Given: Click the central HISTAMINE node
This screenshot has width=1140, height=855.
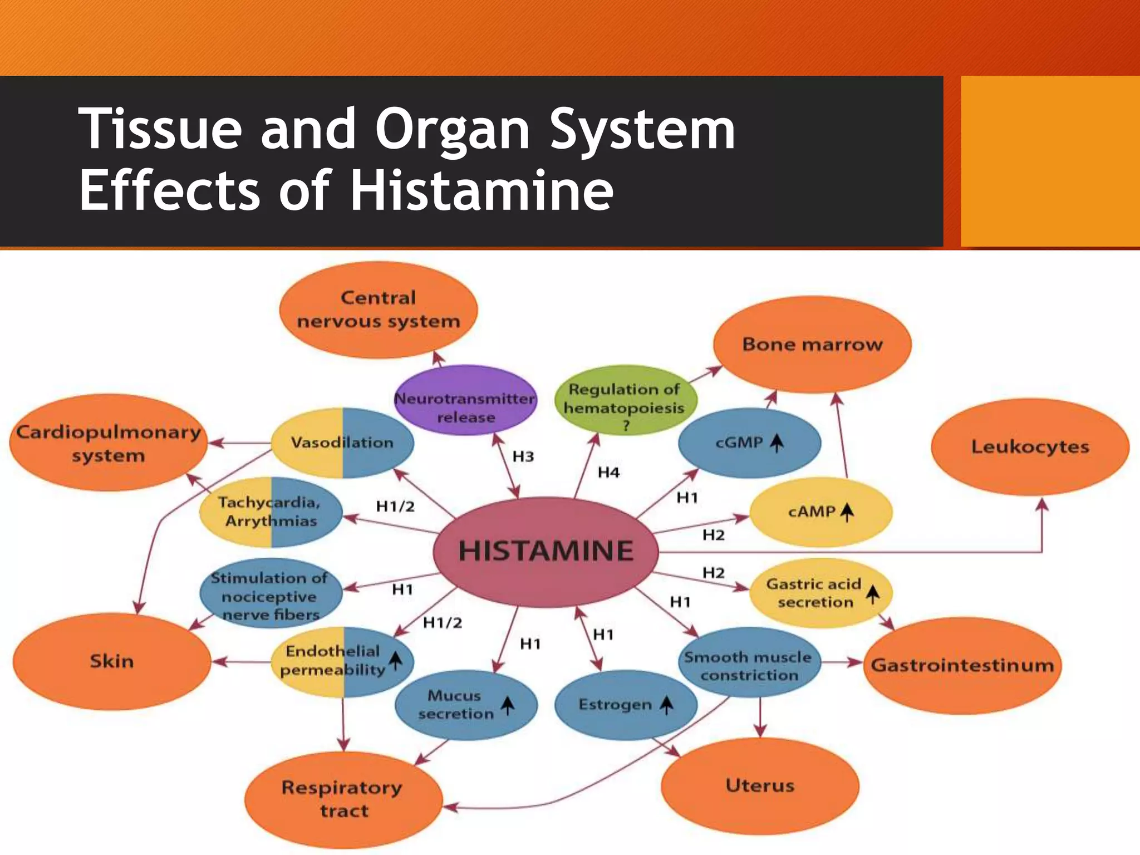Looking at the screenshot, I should [x=546, y=551].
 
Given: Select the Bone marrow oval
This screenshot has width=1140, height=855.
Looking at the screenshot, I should [x=812, y=345].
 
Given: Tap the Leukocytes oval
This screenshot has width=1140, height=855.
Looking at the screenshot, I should [x=1030, y=447].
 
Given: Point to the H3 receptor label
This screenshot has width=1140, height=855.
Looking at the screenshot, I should [x=523, y=457].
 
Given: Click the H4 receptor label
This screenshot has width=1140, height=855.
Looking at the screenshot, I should [x=608, y=473].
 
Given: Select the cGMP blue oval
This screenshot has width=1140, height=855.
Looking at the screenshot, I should [x=749, y=443].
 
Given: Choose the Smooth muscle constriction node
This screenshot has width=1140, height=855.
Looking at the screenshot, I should [x=749, y=665].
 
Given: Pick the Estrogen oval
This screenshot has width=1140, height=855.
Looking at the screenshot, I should [x=626, y=705].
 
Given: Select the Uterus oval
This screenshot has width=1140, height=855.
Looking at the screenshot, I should [x=760, y=786].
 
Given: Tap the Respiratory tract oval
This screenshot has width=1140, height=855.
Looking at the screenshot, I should [x=343, y=799].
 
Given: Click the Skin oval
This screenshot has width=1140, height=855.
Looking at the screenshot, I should [x=112, y=661].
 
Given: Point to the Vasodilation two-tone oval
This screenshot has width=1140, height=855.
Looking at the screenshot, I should [x=342, y=443].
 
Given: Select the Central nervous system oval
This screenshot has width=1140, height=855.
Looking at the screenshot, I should [x=379, y=310].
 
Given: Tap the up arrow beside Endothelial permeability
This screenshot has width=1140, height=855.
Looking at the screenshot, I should [x=395, y=661].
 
